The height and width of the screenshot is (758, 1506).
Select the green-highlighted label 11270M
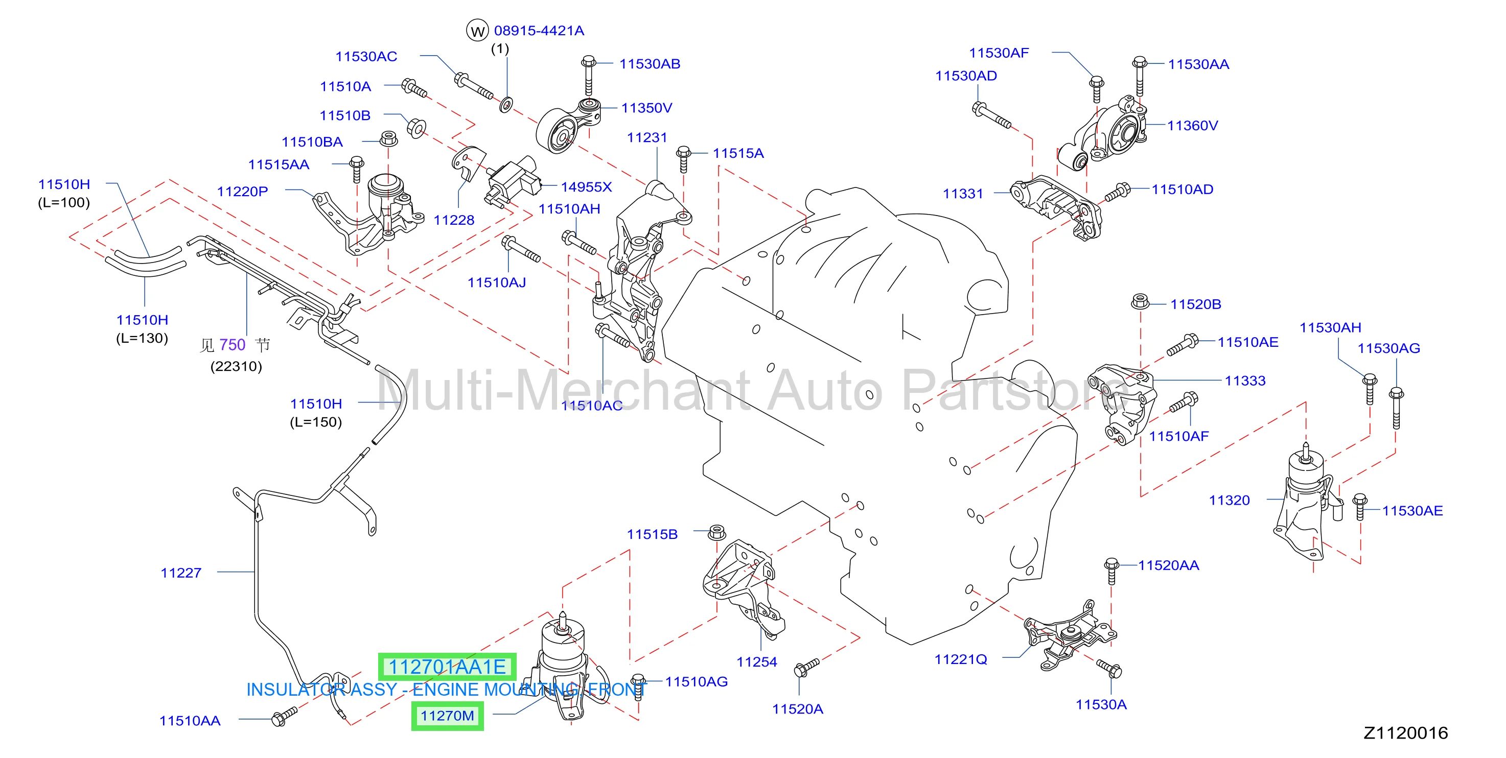tap(447, 716)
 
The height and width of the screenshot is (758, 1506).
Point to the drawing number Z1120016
tap(1405, 733)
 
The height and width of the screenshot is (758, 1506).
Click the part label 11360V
tap(1192, 126)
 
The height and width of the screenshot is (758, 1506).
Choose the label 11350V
tap(646, 108)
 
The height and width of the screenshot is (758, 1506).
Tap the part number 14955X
tap(586, 187)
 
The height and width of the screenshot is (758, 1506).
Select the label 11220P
tap(243, 192)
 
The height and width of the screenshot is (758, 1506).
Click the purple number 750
tap(233, 345)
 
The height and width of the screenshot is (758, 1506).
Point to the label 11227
tap(181, 573)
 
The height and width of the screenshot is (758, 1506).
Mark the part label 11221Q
tap(961, 659)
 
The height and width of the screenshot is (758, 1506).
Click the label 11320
tap(1230, 500)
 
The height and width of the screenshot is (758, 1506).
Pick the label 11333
tap(1245, 381)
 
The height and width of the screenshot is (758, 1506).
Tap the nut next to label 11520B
tap(1140, 301)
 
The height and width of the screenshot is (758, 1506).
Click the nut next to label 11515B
tap(717, 532)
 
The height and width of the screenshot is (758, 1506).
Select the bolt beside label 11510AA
tap(285, 717)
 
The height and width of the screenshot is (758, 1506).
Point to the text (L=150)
tap(316, 422)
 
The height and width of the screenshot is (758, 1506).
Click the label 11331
tap(963, 194)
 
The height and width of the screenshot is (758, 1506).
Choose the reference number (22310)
tap(236, 366)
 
